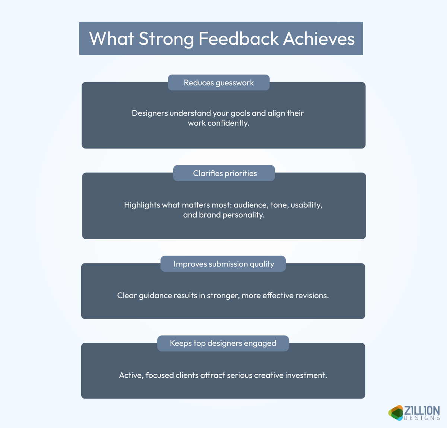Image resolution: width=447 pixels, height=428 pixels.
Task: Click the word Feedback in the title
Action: tap(238, 39)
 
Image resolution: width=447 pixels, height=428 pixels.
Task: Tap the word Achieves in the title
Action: tap(319, 39)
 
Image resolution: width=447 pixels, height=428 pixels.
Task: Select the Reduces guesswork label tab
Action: tap(219, 83)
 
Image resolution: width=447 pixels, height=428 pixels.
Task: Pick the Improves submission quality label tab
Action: tap(223, 264)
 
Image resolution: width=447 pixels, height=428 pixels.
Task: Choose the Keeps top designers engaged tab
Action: tap(223, 343)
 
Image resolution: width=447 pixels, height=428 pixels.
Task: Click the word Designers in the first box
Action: tap(150, 113)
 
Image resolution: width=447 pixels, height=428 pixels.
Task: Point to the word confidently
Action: tap(228, 123)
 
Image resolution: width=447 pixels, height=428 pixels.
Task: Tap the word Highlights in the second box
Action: tap(142, 205)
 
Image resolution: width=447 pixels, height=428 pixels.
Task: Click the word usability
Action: tap(306, 205)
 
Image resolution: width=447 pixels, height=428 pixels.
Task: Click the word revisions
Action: tap(312, 296)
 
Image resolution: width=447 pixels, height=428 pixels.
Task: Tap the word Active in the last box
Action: tap(131, 375)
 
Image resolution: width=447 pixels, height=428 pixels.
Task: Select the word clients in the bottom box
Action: tap(187, 375)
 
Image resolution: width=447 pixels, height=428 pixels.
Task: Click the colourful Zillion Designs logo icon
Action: tap(396, 413)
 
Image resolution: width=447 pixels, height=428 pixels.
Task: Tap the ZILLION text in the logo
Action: tap(422, 410)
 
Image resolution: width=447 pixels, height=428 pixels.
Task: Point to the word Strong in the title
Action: tap(166, 39)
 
